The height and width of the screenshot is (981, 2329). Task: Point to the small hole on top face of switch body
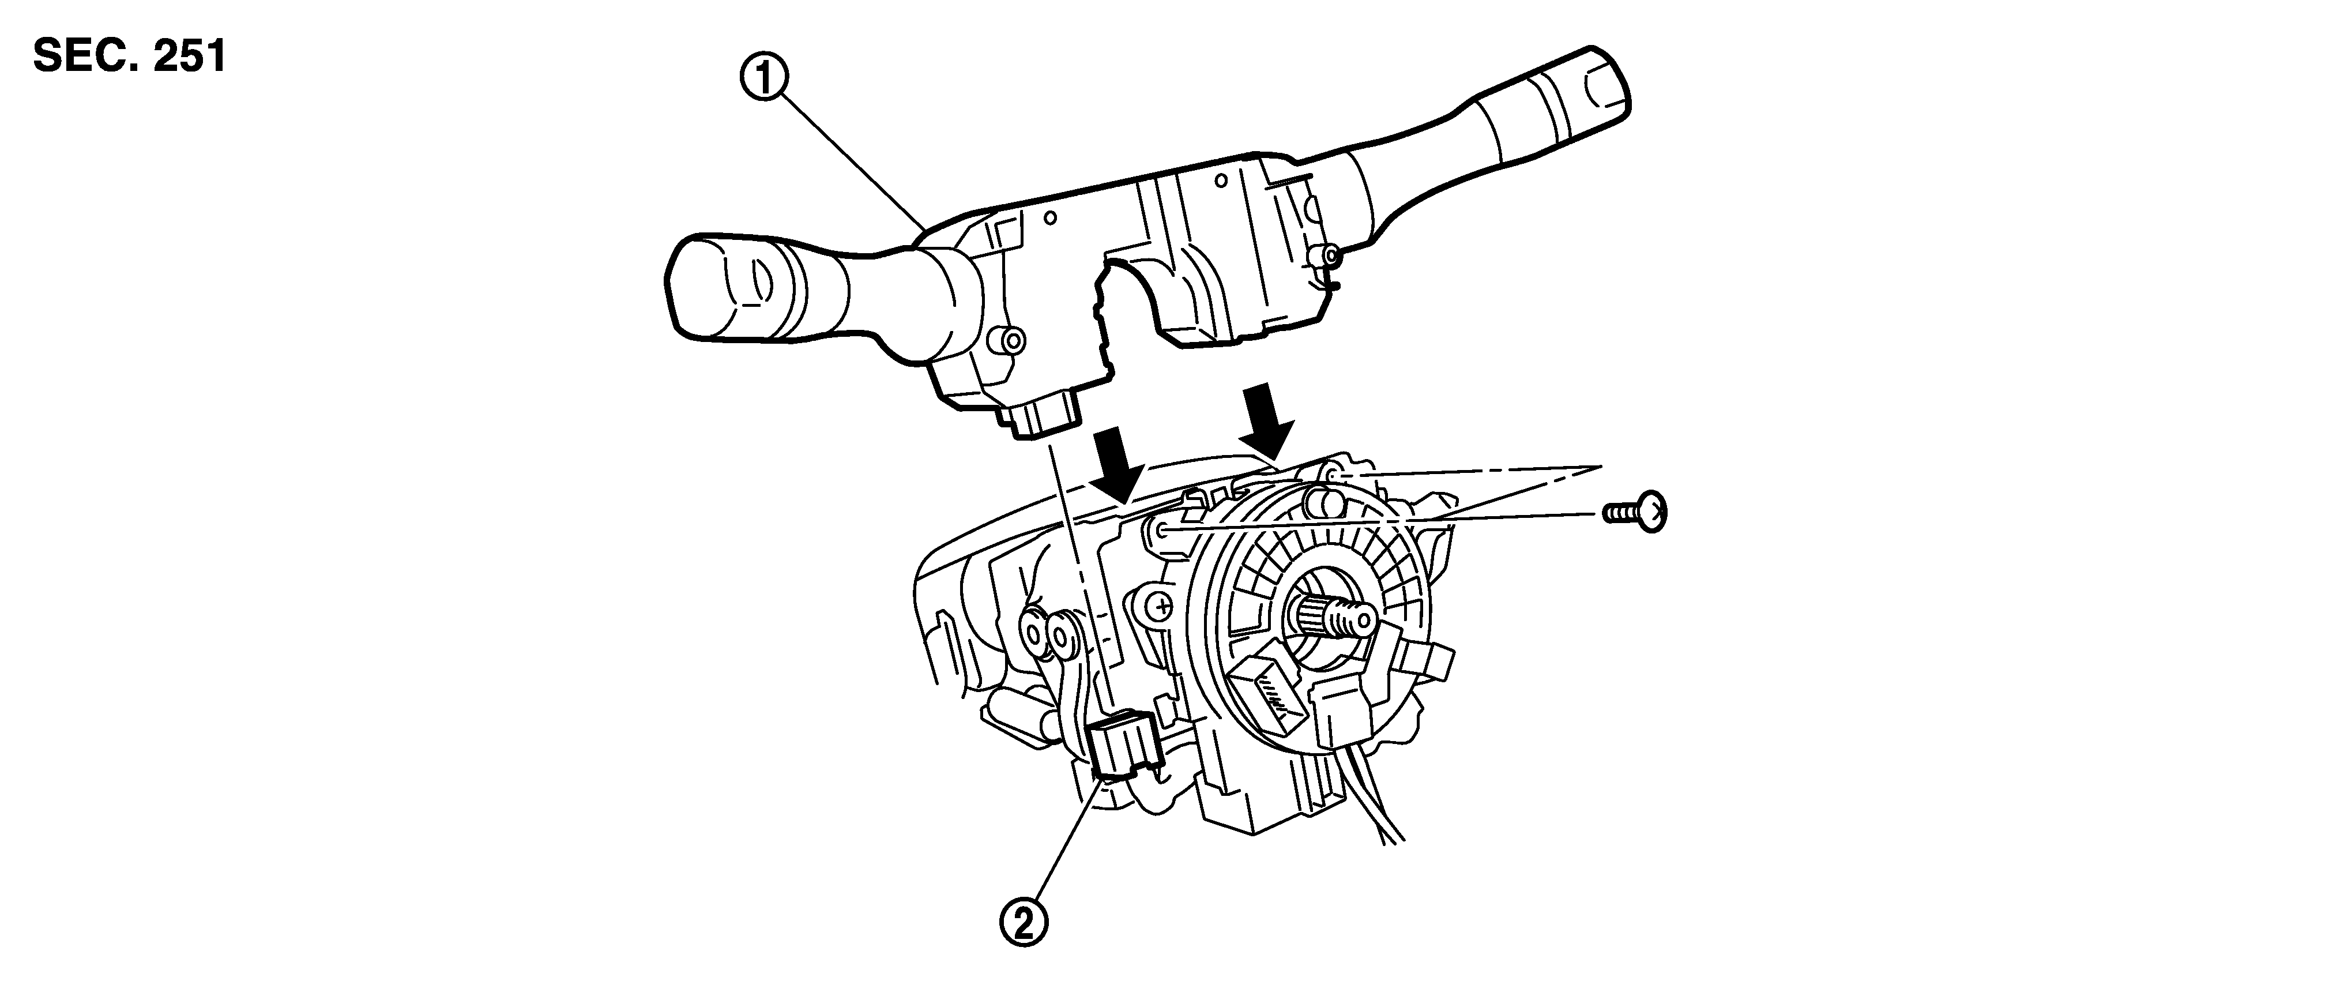[1049, 217]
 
